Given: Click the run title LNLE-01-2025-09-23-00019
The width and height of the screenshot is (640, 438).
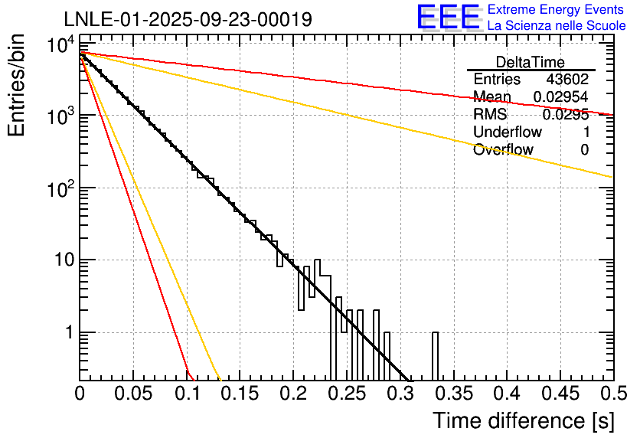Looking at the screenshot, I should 188,20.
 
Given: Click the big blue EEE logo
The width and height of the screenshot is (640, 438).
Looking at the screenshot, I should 448,18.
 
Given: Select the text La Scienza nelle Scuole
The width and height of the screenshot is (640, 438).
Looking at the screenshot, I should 557,26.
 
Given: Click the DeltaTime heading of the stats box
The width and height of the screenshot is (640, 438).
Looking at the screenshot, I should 531,62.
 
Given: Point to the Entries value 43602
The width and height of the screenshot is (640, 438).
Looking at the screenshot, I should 567,80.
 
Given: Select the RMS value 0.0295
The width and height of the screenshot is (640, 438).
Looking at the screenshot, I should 565,115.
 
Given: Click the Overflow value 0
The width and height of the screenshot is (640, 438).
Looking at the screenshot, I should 584,150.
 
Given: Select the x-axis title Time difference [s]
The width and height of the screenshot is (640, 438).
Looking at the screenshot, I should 524,420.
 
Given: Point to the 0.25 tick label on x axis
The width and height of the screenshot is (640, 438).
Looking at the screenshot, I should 347,394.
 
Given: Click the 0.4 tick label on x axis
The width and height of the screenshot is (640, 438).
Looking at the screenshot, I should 506,394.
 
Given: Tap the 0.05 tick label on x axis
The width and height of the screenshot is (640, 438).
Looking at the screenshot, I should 133,394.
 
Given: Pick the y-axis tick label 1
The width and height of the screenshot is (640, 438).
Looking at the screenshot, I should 67,333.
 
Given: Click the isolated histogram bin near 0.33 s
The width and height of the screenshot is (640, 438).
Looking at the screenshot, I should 435,356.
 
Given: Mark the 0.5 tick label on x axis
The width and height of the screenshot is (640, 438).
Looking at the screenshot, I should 612,394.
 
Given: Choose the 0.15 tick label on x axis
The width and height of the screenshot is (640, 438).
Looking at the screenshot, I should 240,394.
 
